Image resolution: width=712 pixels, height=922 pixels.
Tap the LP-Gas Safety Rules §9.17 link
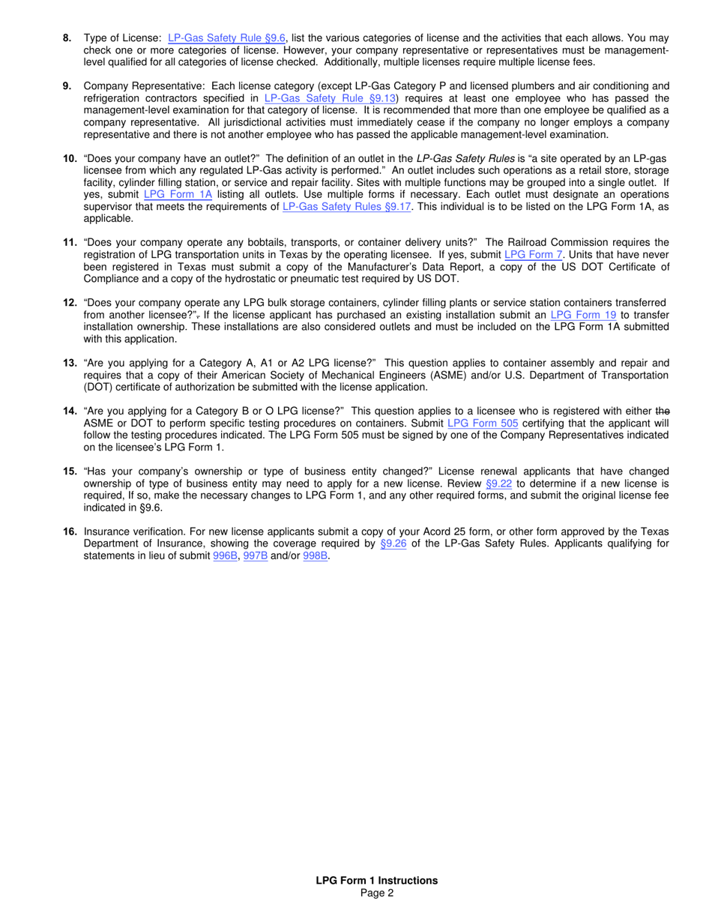pyautogui.click(x=347, y=206)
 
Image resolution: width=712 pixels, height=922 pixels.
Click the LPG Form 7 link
pyautogui.click(x=534, y=254)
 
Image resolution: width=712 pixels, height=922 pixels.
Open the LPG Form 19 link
pyautogui.click(x=583, y=315)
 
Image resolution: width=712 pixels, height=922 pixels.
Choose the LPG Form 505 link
pyautogui.click(x=483, y=424)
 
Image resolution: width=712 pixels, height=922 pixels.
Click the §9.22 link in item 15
pyautogui.click(x=498, y=483)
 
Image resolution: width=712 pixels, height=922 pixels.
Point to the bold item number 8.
pyautogui.click(x=67, y=37)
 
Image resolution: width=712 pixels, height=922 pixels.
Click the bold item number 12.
pyautogui.click(x=70, y=303)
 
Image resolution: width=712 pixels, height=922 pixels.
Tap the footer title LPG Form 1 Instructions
pyautogui.click(x=376, y=880)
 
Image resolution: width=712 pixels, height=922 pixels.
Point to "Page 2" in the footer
pyautogui.click(x=376, y=892)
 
